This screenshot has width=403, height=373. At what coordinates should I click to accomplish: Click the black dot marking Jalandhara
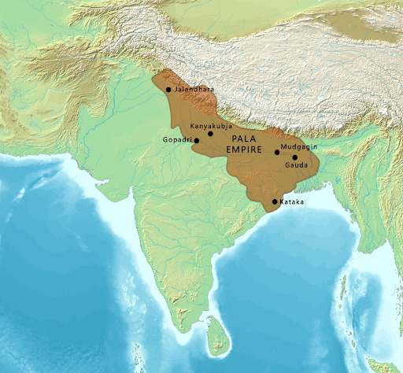[x=168, y=90]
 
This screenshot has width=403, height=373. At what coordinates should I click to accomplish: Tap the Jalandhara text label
[x=194, y=90]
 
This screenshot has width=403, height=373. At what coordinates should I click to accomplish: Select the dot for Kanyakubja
[x=210, y=134]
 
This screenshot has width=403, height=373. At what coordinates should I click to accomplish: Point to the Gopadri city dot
[x=197, y=140]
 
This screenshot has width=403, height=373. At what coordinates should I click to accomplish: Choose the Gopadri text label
[x=177, y=140]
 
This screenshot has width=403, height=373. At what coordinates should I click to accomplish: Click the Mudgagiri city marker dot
[x=277, y=152]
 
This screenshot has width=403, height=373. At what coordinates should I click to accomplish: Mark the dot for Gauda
[x=295, y=157]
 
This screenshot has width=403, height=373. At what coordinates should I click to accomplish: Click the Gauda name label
[x=296, y=166]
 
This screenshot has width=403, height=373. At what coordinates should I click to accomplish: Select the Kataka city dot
[x=274, y=202]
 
